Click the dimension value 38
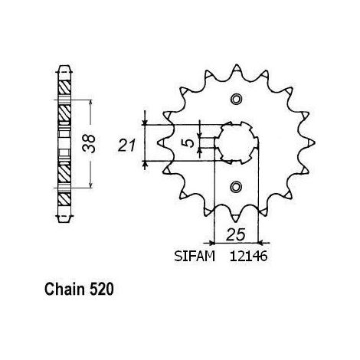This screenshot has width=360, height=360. pos(89,144)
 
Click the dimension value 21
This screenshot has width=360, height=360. pos(126,146)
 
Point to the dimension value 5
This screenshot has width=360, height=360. pos(189,143)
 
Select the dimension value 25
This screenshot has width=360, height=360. pos(236,234)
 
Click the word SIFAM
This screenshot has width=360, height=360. pos(195,256)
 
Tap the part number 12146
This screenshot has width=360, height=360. pos(248,256)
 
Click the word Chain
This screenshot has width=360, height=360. pos(64,290)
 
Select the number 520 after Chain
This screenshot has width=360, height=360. pos(102,290)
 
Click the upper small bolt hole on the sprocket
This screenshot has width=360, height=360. pos(236,99)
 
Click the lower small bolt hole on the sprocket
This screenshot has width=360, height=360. pos(236,187)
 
